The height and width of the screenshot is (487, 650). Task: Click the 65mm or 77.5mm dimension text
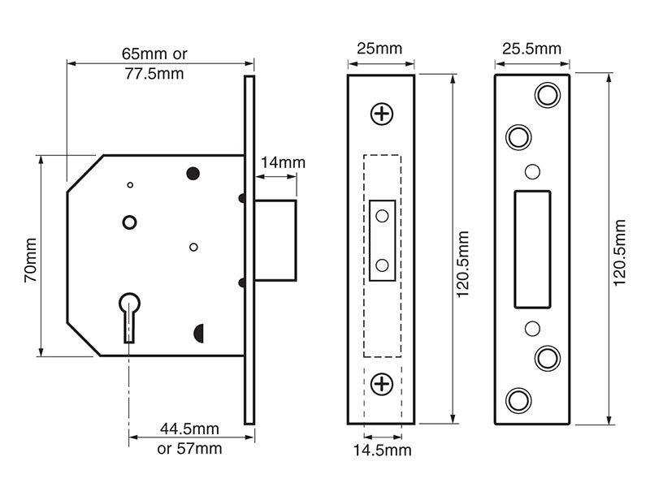click(154, 64)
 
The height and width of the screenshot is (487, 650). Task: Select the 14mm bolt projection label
click(283, 162)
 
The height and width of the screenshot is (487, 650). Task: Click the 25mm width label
click(380, 49)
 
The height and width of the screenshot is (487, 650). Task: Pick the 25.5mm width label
click(531, 49)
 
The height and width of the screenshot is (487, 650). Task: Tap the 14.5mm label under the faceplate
click(382, 450)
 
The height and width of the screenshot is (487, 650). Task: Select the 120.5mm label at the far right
click(620, 252)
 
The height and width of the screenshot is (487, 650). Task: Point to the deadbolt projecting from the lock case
click(275, 239)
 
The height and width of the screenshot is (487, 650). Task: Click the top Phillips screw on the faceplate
click(382, 114)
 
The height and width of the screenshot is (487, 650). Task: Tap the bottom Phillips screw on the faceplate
click(382, 384)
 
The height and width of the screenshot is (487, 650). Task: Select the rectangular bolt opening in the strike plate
click(532, 249)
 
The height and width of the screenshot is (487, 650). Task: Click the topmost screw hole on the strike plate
click(548, 95)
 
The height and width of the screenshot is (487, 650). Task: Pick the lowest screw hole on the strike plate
click(518, 400)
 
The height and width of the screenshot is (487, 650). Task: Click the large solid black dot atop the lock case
click(193, 173)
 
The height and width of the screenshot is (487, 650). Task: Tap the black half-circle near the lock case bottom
click(198, 332)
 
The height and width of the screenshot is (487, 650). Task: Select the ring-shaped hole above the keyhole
click(129, 222)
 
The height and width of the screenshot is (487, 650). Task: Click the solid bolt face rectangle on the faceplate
click(382, 240)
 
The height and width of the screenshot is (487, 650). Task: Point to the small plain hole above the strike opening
click(532, 171)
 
